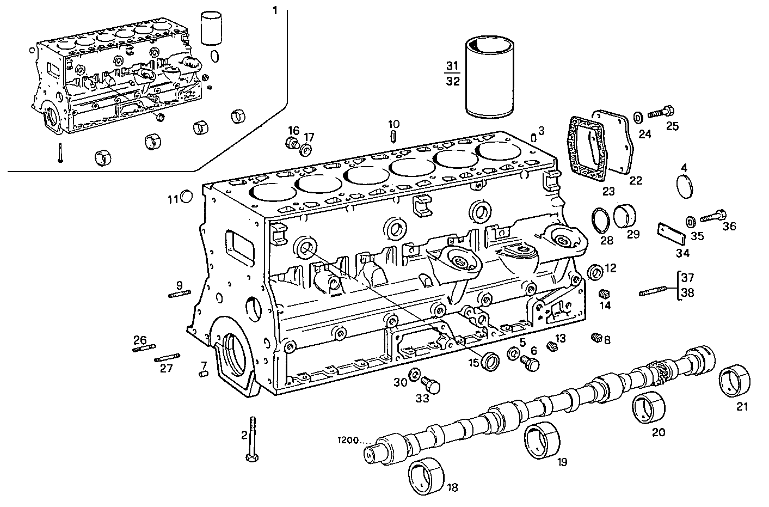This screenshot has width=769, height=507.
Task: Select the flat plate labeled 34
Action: pos(670,235)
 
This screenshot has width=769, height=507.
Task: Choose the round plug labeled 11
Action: pos(186,197)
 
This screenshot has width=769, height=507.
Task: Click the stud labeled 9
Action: pos(180,295)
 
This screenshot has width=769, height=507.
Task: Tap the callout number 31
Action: pos(452,66)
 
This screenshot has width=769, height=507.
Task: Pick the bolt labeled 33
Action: pos(432,386)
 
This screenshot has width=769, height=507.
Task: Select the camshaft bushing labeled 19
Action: pos(542,439)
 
